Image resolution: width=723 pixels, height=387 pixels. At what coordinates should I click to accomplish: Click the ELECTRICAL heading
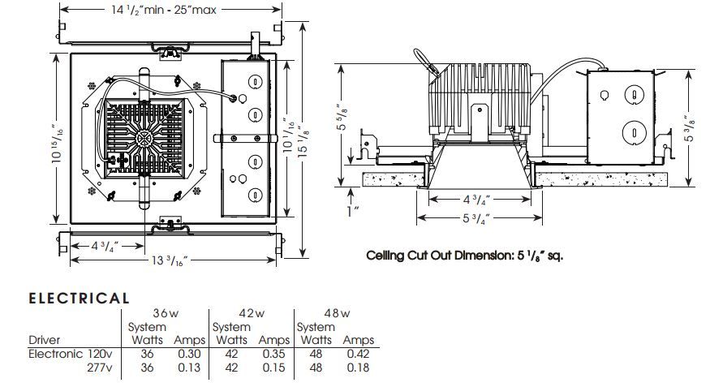[79, 298]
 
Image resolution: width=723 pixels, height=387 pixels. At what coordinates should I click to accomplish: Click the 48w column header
[338, 313]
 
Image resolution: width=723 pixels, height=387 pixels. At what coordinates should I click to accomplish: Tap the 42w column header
[252, 313]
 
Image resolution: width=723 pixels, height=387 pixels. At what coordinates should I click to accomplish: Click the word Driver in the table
[44, 340]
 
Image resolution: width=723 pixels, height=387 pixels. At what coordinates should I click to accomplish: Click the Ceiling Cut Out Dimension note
[464, 255]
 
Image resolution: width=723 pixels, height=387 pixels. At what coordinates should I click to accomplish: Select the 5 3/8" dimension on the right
[689, 127]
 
